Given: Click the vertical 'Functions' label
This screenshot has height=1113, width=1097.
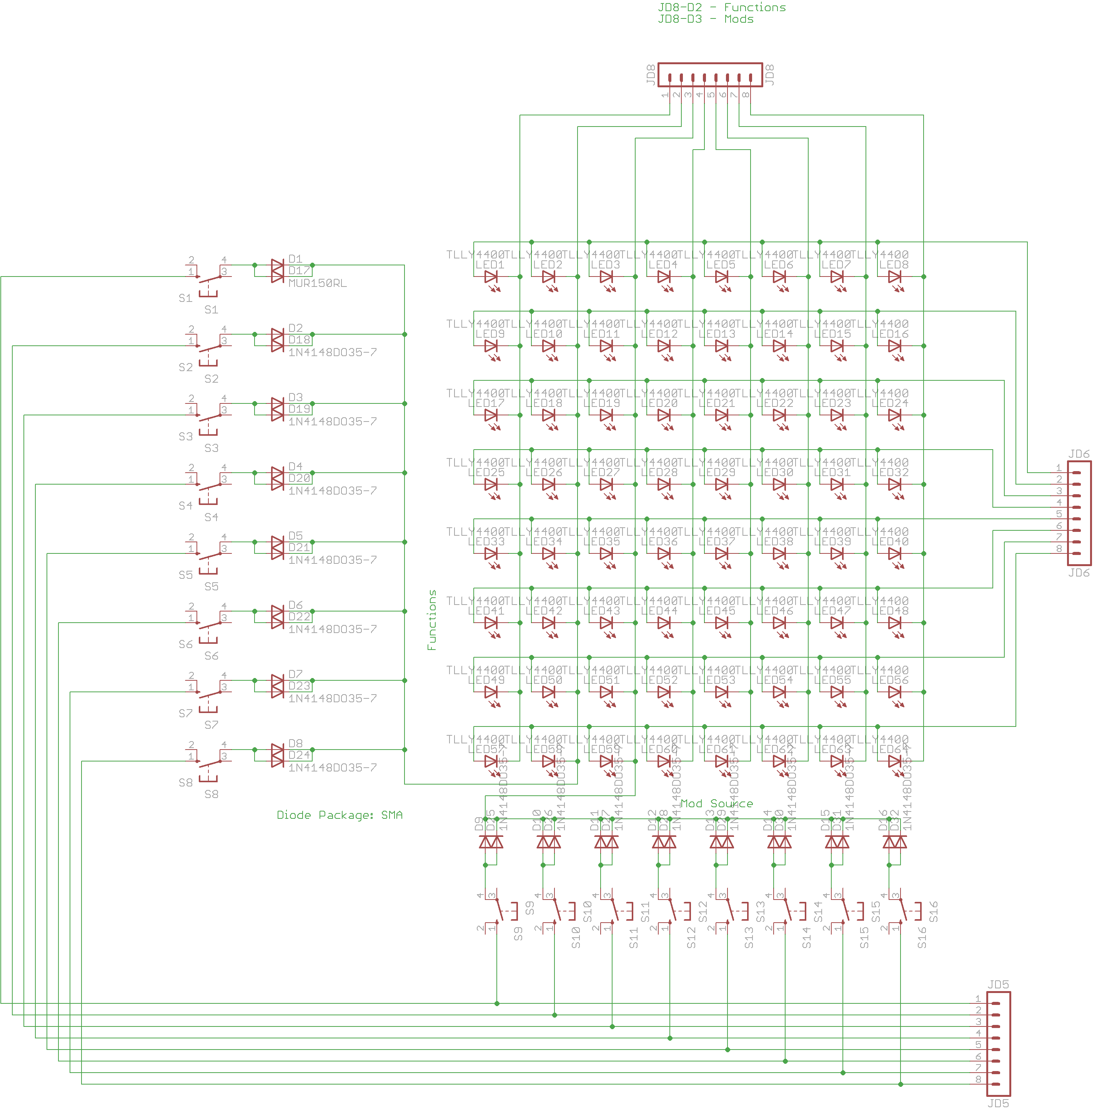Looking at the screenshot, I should point(432,620).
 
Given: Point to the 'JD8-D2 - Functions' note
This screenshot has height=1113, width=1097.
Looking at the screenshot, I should point(722,7).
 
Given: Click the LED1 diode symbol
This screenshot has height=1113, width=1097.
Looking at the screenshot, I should point(491,277).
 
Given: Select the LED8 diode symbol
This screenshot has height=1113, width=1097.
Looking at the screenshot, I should point(894,277).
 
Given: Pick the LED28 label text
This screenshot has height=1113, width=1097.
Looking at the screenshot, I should point(659,472).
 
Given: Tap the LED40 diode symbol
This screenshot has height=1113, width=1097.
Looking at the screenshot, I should point(894,554).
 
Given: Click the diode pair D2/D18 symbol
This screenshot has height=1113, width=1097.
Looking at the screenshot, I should point(278,340).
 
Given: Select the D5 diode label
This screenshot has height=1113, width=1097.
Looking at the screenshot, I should point(295,536).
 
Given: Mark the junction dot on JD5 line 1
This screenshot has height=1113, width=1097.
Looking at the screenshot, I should point(497,1003).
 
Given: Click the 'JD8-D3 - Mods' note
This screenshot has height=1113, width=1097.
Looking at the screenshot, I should point(706,19).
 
